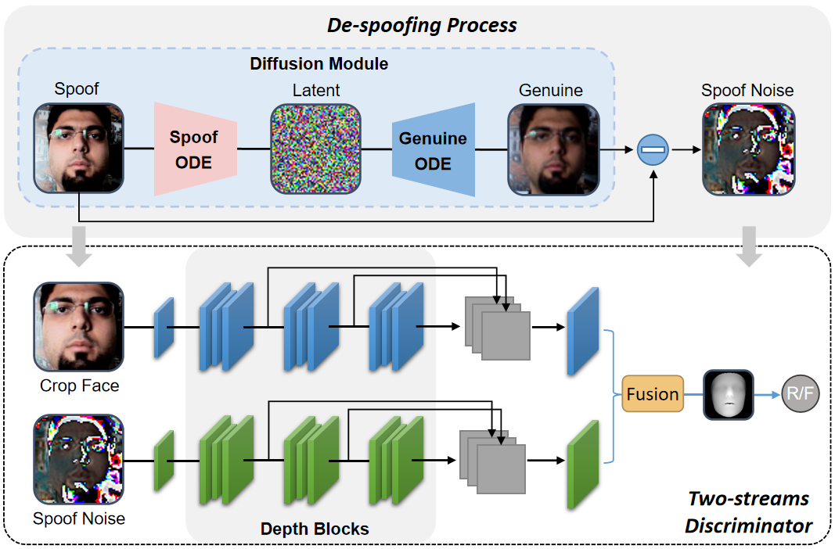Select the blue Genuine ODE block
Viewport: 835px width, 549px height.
coord(434,149)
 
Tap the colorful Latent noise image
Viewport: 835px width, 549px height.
coord(316,149)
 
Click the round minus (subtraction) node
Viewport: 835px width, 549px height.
coord(653,149)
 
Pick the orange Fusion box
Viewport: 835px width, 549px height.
coord(652,394)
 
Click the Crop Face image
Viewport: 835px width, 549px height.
coord(78,326)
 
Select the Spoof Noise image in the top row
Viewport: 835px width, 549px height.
coord(748,149)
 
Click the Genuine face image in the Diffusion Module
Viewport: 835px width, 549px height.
coord(553,149)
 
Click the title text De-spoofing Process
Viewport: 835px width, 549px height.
coord(422,25)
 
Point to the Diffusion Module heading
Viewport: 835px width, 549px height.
coord(319,63)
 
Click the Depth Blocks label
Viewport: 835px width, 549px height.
coord(315,529)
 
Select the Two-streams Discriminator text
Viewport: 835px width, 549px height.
coord(747,512)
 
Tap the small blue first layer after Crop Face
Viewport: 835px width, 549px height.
coord(164,328)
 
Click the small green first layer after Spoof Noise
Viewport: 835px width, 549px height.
coord(164,461)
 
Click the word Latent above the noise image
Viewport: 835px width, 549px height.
coord(316,91)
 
